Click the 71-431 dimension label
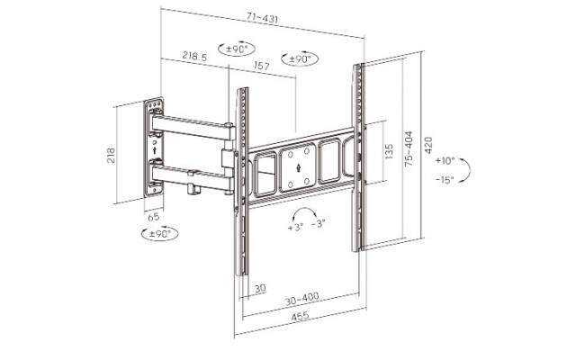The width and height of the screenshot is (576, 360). (x=262, y=18)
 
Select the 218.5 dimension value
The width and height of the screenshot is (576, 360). (x=194, y=56)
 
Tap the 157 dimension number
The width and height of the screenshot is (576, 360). (x=262, y=66)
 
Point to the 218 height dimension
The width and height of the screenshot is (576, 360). (x=111, y=156)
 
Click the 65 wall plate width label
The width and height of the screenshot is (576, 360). (x=154, y=217)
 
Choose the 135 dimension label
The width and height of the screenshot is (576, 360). (x=388, y=151)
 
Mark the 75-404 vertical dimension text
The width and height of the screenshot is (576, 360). (x=409, y=148)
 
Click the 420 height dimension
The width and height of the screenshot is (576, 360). (x=428, y=145)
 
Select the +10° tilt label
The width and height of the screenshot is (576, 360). (x=445, y=161)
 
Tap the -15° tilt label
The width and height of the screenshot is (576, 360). (x=445, y=180)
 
